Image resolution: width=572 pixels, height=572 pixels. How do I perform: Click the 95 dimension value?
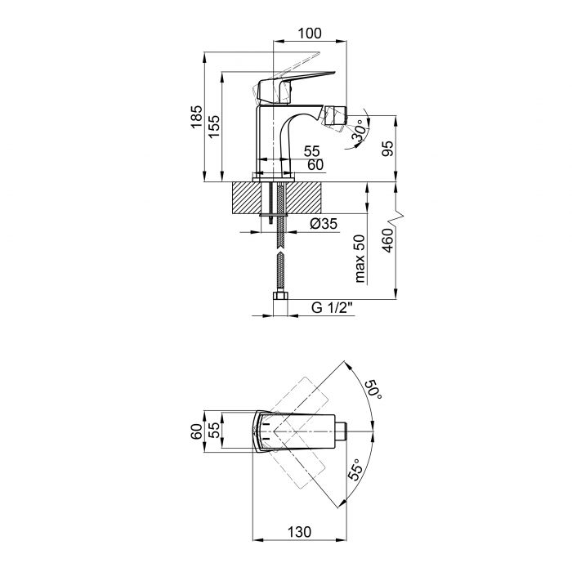point(389,149)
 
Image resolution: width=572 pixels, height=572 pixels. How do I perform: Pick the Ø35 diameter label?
point(324,225)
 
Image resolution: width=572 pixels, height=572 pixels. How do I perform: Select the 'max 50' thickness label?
point(360,259)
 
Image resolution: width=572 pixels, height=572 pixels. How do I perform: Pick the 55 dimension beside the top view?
point(213,431)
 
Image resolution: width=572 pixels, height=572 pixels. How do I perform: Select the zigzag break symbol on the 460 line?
point(397,217)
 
